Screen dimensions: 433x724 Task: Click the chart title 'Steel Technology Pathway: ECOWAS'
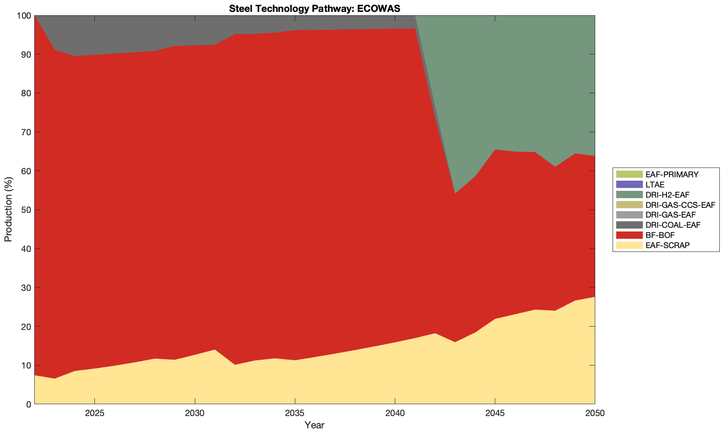tap(314, 8)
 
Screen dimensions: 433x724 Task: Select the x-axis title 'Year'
tap(314, 425)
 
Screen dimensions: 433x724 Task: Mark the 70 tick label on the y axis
tap(26, 132)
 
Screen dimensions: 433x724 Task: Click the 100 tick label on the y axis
tap(24, 16)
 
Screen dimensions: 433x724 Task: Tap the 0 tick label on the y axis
tap(28, 404)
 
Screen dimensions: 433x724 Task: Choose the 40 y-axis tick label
tap(26, 249)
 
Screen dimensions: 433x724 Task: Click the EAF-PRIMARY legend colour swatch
tap(629, 174)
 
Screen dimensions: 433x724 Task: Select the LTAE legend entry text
tap(655, 184)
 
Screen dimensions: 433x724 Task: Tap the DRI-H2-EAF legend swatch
tap(629, 195)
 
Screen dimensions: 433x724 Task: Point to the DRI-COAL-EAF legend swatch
tap(629, 225)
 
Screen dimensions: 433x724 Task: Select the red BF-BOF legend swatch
tap(629, 235)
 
